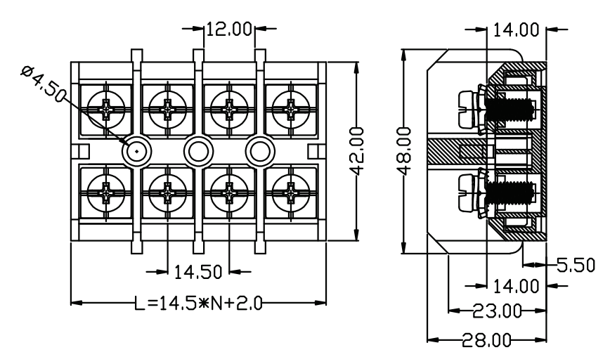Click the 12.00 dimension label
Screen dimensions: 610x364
[229, 30]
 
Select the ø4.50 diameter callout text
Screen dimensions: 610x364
[44, 84]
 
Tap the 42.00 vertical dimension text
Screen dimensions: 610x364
[357, 151]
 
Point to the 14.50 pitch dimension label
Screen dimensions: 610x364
[197, 272]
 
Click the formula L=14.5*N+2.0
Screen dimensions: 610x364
[198, 304]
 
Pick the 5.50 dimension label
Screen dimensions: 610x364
[576, 265]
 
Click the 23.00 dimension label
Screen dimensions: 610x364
[497, 311]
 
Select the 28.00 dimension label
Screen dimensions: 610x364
[486, 340]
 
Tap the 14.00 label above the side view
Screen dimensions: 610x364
[517, 30]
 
